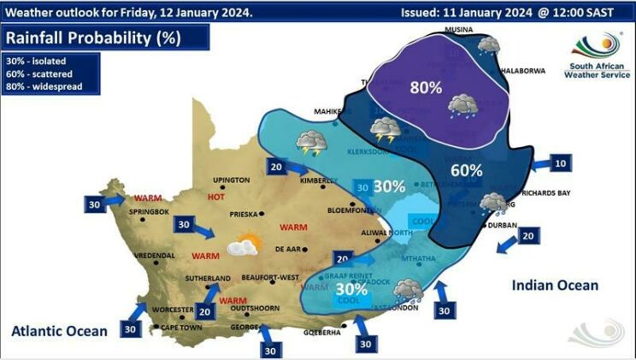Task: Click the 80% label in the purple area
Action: coord(425,87)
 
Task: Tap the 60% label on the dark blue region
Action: coord(467,170)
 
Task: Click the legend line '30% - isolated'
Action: coord(36,62)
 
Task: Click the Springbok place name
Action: coord(150,211)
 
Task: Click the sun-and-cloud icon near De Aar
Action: coord(243,247)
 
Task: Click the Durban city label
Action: coord(503,226)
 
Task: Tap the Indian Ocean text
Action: coord(556,285)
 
